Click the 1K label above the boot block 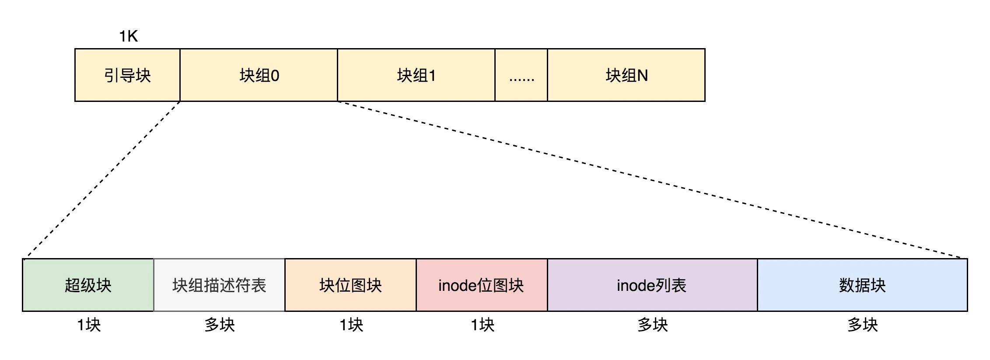[x=128, y=36]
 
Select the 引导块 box [x=127, y=75]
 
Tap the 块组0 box [x=259, y=75]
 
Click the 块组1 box [x=416, y=75]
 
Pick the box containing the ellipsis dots [x=521, y=75]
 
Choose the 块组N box [x=626, y=75]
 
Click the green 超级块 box [x=88, y=285]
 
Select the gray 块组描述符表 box [x=219, y=285]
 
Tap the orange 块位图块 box [x=350, y=285]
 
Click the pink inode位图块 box [x=482, y=285]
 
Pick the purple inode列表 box [x=652, y=285]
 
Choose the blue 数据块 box [x=862, y=285]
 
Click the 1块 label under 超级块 [x=89, y=325]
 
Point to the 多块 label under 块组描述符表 [x=220, y=325]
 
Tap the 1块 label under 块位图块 [x=351, y=325]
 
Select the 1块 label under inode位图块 [x=483, y=325]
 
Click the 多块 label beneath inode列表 [x=653, y=325]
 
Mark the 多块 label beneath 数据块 [x=863, y=325]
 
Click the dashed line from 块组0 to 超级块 [x=103, y=180]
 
